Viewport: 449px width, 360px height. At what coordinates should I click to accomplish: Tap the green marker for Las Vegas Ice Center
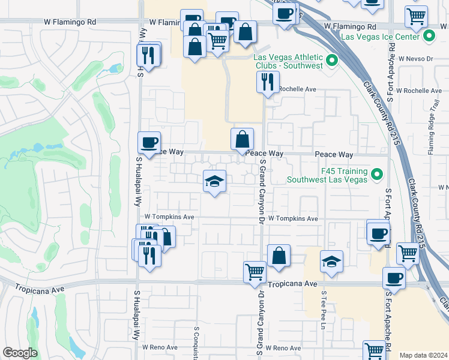coord(429,37)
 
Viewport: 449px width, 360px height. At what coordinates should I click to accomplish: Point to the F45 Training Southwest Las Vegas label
coord(327,175)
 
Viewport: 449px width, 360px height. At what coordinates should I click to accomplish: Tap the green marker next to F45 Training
coord(376,175)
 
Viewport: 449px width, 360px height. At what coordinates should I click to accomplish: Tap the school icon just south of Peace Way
coord(214,182)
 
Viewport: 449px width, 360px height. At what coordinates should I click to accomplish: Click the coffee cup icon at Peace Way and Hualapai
coord(149,143)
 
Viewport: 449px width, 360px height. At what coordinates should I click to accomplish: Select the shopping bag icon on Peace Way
coord(241,139)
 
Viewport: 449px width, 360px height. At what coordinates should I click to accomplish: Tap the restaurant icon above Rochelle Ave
coord(268,82)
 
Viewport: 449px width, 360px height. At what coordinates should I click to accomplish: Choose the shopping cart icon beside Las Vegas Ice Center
coord(415,17)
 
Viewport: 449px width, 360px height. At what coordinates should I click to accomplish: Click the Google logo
coord(20,353)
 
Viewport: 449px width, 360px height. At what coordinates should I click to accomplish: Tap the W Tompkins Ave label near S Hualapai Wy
coord(169,217)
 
